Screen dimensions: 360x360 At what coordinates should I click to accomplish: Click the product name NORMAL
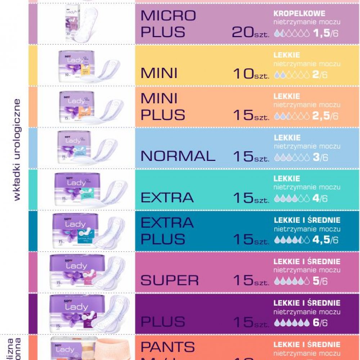click(178, 156)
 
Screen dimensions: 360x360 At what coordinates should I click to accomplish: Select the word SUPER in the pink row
click(170, 280)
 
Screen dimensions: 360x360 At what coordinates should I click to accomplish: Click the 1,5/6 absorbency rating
click(325, 33)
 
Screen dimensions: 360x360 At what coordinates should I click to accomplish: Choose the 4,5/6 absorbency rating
click(325, 240)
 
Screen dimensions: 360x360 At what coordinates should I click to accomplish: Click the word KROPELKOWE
click(299, 14)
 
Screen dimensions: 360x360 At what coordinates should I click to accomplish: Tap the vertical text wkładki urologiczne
click(17, 149)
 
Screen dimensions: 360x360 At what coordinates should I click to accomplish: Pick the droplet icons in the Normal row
click(292, 157)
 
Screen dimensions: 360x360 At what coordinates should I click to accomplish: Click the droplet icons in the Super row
click(292, 281)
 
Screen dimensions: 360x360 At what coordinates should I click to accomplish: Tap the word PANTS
click(168, 347)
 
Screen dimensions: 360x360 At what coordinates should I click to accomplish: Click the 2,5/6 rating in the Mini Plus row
click(325, 116)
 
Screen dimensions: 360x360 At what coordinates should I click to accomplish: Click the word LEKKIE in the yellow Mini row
click(287, 55)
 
